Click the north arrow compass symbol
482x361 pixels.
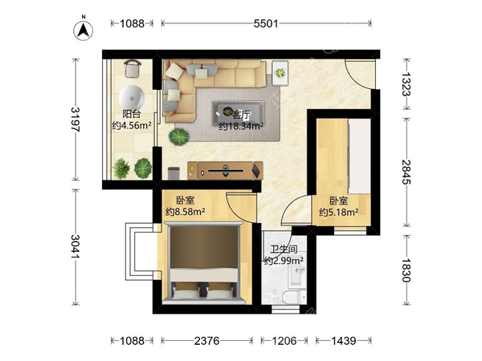click(x=83, y=29)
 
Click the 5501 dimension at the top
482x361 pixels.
click(x=266, y=23)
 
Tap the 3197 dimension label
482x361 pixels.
click(x=76, y=119)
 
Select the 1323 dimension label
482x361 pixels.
click(x=406, y=83)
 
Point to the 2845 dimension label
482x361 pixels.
click(x=406, y=172)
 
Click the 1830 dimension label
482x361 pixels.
click(x=406, y=270)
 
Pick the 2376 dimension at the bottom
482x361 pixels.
click(x=207, y=341)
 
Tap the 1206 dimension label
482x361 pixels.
click(x=284, y=341)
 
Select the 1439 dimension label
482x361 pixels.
click(x=344, y=341)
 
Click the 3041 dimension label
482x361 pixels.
click(x=76, y=246)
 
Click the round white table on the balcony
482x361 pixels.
click(x=132, y=98)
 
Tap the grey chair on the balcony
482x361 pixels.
click(x=133, y=68)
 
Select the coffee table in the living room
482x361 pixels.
click(x=239, y=114)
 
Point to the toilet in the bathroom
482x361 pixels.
click(x=294, y=297)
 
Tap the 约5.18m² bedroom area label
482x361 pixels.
click(x=338, y=212)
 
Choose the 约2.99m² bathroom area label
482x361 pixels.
click(x=284, y=261)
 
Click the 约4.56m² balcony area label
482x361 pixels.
click(x=132, y=125)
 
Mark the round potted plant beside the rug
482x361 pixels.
click(x=179, y=136)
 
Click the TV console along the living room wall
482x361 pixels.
click(x=225, y=170)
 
